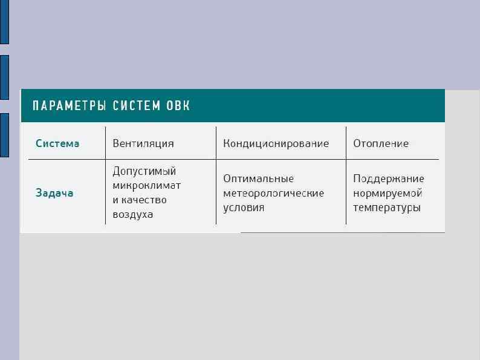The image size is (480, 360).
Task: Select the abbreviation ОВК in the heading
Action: [x=178, y=106]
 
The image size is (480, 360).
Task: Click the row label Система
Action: [x=57, y=143]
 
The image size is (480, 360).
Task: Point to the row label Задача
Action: [x=54, y=193]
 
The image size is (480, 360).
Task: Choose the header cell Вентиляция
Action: [x=143, y=143]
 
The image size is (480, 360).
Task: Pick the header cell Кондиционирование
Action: [x=276, y=143]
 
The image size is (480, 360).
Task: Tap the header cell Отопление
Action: [x=381, y=143]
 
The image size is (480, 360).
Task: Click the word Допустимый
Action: [x=144, y=171]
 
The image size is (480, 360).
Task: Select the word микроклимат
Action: [x=147, y=185]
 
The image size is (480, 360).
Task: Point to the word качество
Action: [x=144, y=200]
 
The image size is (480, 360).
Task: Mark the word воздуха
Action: [x=133, y=214]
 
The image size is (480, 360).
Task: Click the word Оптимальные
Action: [x=258, y=178]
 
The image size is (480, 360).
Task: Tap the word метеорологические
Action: [x=273, y=193]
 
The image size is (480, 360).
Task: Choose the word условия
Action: [x=244, y=208]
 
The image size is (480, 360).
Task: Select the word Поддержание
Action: [x=389, y=178]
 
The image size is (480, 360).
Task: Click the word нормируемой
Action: [x=388, y=193]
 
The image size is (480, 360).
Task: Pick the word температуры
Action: [x=387, y=208]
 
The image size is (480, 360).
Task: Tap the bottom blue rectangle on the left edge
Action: [x=4, y=135]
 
